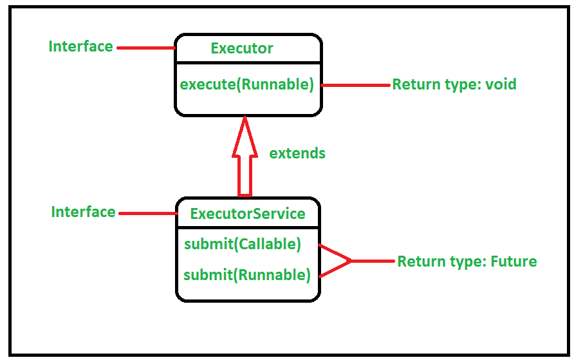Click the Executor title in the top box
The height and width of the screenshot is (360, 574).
coord(241,48)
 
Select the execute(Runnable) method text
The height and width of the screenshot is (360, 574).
coord(246,84)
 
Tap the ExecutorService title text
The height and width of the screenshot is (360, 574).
coord(248,213)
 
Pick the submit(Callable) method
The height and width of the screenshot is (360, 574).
coord(243,244)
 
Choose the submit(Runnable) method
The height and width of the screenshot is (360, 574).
coord(247,275)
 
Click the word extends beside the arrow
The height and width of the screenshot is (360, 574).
coord(297,153)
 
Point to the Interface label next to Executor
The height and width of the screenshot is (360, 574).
coord(81,46)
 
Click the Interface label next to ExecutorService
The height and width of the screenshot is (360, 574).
coord(84,212)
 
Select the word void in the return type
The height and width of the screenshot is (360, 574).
coord(501,84)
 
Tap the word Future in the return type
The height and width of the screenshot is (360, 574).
coord(514,261)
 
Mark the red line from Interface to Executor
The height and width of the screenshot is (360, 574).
coord(146,47)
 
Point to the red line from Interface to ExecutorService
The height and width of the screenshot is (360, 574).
coord(148,213)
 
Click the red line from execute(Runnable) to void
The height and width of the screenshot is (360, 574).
coord(356,85)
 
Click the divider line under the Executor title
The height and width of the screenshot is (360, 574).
coord(248,63)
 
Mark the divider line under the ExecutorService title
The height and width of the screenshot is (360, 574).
coord(248,227)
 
